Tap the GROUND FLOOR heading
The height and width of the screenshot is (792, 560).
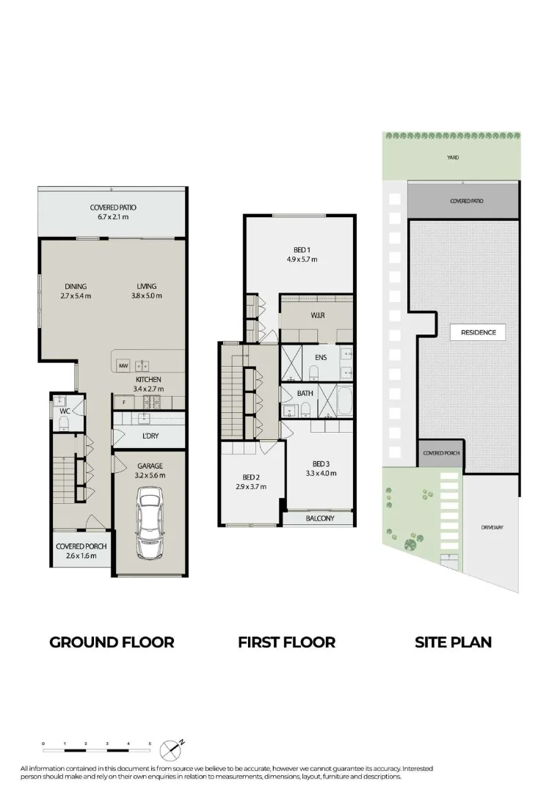point(112,642)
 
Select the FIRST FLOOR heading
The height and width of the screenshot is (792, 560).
point(286,642)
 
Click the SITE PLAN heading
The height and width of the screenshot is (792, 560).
point(453,642)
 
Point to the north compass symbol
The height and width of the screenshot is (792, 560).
point(171,749)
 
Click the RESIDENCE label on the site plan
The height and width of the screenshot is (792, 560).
point(479,332)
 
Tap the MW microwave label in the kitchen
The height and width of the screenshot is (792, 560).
point(124,364)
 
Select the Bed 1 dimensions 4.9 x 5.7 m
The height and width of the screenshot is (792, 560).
point(302,259)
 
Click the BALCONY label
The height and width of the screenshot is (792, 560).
point(319,518)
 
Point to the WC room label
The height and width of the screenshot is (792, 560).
point(65,411)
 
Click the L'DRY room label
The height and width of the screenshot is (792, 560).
point(150,436)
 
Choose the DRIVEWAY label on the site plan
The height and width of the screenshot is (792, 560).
point(492,527)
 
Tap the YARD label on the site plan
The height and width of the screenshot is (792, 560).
point(453,158)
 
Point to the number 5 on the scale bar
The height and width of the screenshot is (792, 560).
point(150,744)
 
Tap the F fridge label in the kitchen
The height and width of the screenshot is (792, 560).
point(123,402)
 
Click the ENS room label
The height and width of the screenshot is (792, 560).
point(320,358)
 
